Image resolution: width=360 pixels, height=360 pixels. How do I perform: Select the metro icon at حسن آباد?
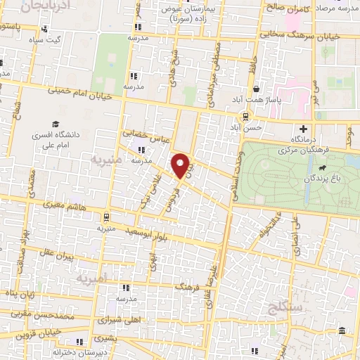tap(245, 117)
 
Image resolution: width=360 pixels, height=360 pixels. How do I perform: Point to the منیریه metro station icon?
tap(105, 217)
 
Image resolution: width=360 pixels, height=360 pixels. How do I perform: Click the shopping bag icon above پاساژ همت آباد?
tap(257, 89)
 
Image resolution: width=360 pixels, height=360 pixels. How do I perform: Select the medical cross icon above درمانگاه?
tap(303, 129)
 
